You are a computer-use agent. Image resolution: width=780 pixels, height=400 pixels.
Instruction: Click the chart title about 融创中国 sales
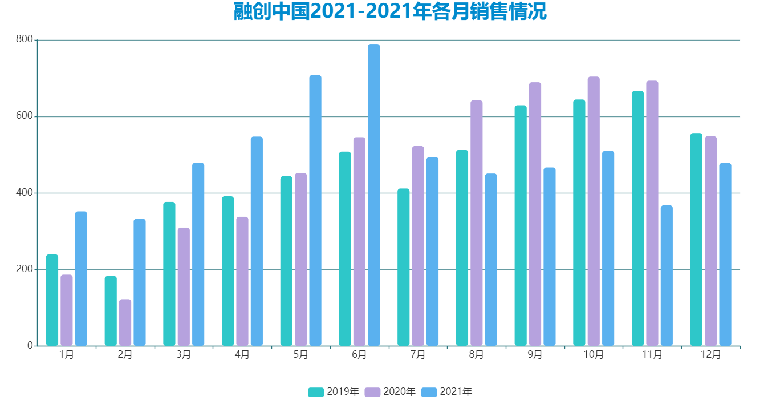pyautogui.click(x=390, y=12)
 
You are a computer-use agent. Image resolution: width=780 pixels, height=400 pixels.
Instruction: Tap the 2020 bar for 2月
pyautogui.click(x=125, y=322)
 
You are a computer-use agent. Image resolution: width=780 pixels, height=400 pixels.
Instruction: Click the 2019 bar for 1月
pyautogui.click(x=52, y=300)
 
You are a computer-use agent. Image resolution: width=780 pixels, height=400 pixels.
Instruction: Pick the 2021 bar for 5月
pyautogui.click(x=315, y=211)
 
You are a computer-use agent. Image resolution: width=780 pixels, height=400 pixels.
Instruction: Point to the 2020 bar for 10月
pyautogui.click(x=594, y=211)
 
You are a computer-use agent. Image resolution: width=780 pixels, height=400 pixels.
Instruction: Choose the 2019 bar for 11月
pyautogui.click(x=637, y=219)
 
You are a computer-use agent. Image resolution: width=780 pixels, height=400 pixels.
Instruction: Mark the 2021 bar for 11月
pyautogui.click(x=667, y=276)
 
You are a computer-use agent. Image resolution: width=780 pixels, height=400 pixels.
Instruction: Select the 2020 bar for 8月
pyautogui.click(x=476, y=223)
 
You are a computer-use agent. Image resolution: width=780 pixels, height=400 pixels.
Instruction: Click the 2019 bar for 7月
pyautogui.click(x=403, y=267)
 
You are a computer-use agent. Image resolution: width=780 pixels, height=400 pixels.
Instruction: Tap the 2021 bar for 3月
pyautogui.click(x=198, y=254)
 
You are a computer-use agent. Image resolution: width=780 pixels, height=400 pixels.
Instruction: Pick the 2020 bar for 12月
pyautogui.click(x=710, y=241)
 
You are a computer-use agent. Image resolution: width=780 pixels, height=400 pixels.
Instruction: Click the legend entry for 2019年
pyautogui.click(x=334, y=392)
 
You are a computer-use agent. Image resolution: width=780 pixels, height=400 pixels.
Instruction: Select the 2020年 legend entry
pyautogui.click(x=390, y=392)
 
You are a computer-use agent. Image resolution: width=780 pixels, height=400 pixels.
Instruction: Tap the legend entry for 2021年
pyautogui.click(x=446, y=392)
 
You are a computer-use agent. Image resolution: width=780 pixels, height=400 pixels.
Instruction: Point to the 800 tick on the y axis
pyautogui.click(x=25, y=40)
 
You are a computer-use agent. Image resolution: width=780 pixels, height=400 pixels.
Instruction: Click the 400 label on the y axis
pyautogui.click(x=25, y=193)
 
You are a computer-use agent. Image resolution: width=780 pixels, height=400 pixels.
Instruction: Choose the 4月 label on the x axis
pyautogui.click(x=242, y=355)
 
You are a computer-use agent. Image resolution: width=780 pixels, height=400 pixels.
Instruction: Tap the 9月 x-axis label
pyautogui.click(x=535, y=355)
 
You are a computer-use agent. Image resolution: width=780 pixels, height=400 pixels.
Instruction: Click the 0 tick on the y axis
pyautogui.click(x=30, y=346)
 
